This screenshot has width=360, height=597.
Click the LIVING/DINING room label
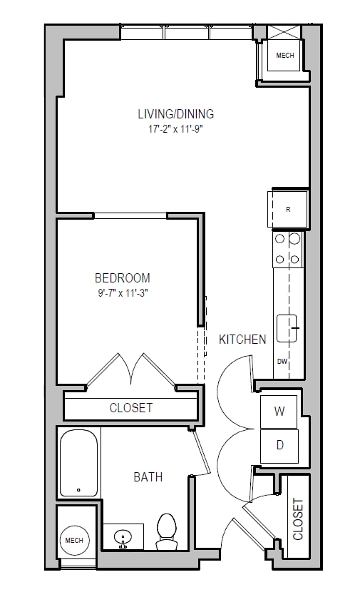point(176,114)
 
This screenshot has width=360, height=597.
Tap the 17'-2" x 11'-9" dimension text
point(175,129)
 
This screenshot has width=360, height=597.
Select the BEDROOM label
point(123,278)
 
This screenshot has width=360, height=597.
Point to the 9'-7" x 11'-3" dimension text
point(123,294)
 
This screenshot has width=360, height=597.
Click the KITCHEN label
point(242,340)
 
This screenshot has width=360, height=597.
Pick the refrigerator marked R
point(288,210)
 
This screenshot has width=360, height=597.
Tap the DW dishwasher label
point(282,362)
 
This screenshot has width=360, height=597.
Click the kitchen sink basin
point(287,328)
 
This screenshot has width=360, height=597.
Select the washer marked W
point(279,412)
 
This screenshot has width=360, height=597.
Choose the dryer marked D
point(279,446)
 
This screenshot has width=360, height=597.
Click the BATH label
point(148,476)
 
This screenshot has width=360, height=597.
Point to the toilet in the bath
point(167,531)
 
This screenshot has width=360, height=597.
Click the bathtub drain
point(79,490)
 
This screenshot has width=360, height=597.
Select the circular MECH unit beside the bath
point(74,540)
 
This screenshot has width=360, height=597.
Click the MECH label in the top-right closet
point(285,56)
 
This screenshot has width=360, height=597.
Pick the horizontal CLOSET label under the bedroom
point(131,408)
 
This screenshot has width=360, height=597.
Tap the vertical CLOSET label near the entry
point(298,519)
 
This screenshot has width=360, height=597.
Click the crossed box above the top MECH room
point(284,32)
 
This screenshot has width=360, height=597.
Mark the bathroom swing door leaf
point(202,451)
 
